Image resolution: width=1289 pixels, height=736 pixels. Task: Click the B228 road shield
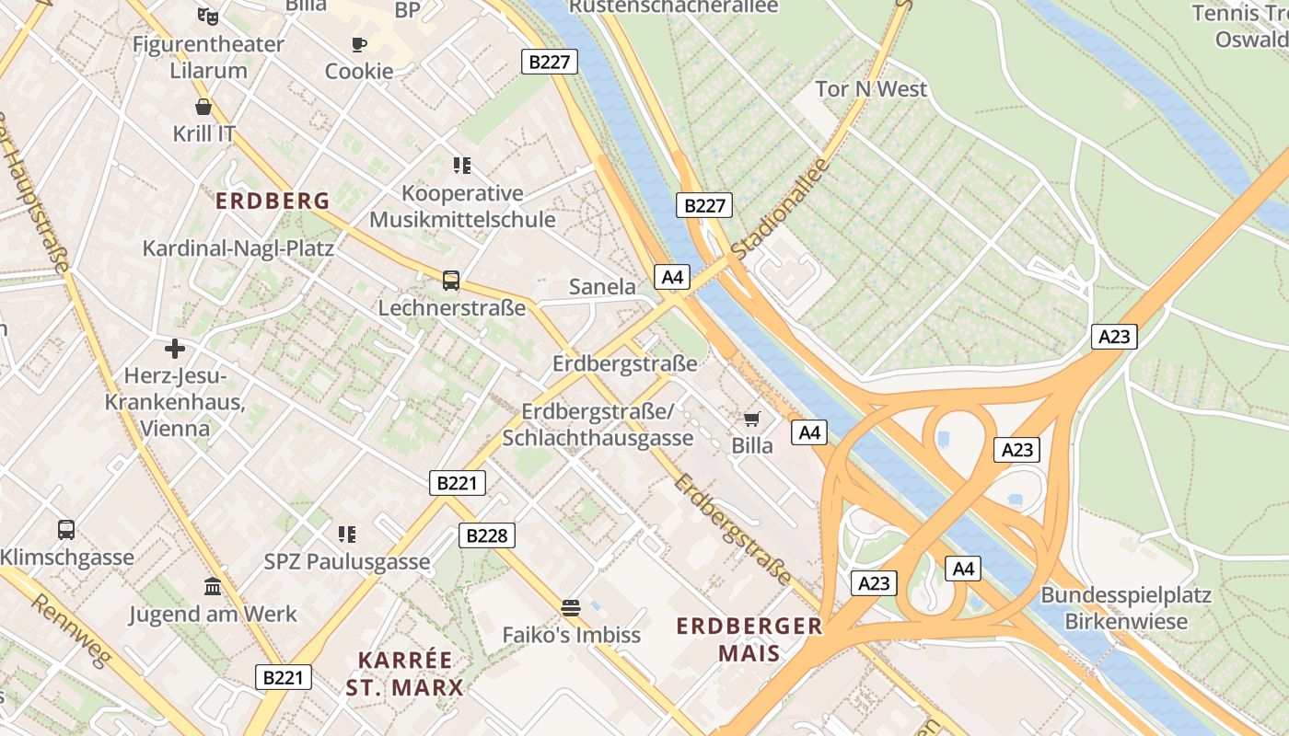click(487, 535)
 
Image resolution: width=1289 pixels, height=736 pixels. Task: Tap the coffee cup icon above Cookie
click(359, 44)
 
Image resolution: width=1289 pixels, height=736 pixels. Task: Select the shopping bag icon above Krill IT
click(203, 107)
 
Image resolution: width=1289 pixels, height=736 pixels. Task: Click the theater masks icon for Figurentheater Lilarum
click(208, 16)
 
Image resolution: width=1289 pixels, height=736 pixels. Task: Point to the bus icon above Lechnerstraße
click(451, 281)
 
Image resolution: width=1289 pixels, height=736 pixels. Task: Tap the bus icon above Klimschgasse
click(66, 530)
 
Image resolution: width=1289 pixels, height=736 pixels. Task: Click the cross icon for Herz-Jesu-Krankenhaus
click(174, 349)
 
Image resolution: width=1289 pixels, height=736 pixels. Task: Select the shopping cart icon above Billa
click(752, 420)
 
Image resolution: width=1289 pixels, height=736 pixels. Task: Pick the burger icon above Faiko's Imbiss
click(571, 607)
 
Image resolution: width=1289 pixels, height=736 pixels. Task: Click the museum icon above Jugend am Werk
click(213, 587)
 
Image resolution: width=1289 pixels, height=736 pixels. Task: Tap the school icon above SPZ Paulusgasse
click(347, 534)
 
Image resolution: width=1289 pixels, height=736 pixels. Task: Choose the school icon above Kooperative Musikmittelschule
click(462, 166)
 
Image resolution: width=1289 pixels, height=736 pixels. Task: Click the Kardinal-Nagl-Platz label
click(238, 248)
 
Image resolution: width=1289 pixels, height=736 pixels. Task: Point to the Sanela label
click(602, 286)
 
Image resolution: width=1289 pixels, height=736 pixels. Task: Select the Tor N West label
click(871, 89)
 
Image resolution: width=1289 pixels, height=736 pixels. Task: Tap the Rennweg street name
click(71, 630)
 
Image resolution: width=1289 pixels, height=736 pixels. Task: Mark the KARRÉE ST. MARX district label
click(405, 673)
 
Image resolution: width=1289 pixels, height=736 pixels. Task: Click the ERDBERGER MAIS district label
click(749, 639)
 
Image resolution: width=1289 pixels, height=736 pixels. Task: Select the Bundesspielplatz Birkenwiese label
click(1125, 608)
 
